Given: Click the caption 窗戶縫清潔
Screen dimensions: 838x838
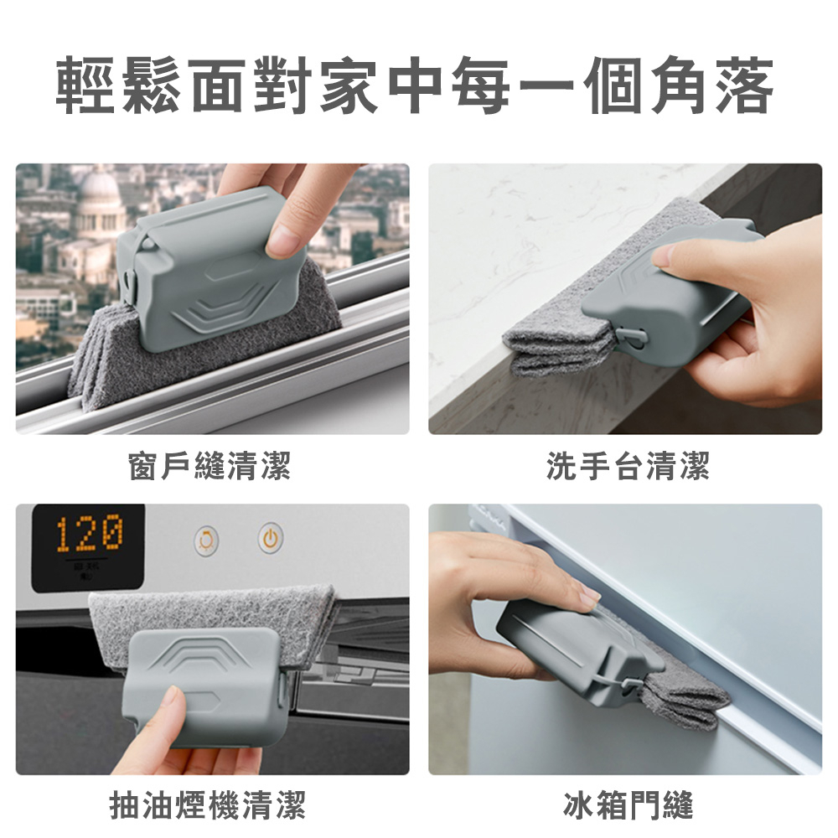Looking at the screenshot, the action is (209, 465).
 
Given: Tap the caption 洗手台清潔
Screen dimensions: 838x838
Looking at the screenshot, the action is (628, 465).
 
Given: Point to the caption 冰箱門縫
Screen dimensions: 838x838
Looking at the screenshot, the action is (628, 805).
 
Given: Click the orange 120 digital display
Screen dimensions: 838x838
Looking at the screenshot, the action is (90, 533).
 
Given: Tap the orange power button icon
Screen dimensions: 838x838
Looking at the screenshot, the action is (271, 538).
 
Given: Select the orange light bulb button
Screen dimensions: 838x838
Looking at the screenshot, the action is (206, 541).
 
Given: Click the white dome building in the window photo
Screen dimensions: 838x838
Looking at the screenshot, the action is (100, 200).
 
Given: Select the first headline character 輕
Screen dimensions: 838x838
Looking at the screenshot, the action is (85, 85).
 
